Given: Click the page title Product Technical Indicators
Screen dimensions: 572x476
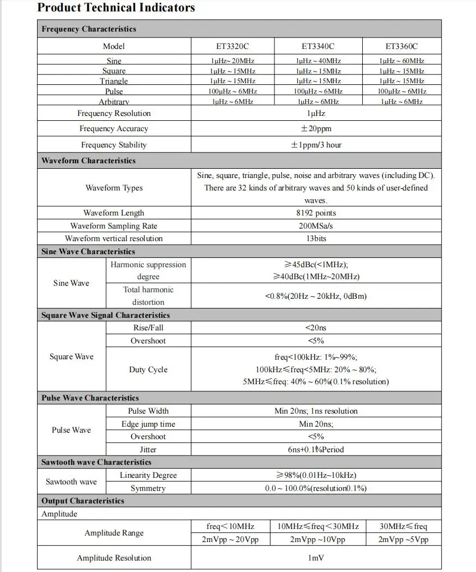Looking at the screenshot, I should click(116, 8).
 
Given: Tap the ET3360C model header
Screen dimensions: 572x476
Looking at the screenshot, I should click(401, 46).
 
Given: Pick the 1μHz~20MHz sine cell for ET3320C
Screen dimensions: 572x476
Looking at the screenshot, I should click(233, 61).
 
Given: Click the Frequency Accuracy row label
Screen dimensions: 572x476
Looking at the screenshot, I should click(114, 129).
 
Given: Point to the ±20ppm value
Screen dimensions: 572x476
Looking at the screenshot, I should click(316, 129).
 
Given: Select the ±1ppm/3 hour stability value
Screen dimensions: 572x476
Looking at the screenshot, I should click(316, 145).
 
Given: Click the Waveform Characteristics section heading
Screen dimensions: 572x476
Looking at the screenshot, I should click(88, 161).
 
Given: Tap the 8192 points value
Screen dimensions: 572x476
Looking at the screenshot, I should click(316, 213).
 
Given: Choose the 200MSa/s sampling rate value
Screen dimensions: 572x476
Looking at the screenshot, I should click(316, 226).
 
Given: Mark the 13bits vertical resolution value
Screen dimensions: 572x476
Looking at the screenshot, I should click(316, 238).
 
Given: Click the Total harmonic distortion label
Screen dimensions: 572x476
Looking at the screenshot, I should click(148, 296).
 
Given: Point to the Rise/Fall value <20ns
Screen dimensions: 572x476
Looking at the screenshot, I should click(316, 328).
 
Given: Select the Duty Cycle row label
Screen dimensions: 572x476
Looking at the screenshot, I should click(148, 370).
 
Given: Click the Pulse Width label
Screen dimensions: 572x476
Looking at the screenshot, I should click(148, 411).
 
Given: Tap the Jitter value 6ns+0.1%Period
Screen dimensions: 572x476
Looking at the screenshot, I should click(316, 450).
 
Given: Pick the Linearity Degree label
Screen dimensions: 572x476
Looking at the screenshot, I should click(148, 475).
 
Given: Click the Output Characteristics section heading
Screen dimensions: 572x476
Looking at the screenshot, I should click(83, 501).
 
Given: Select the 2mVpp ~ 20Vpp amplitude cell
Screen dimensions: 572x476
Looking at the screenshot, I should click(230, 539).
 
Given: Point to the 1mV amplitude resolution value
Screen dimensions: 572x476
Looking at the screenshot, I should click(316, 558).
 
